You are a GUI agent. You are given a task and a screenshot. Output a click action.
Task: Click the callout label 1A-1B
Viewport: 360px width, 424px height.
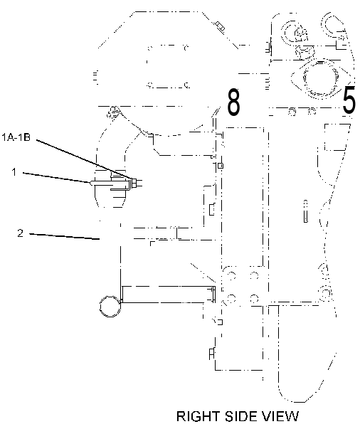pos(16,137)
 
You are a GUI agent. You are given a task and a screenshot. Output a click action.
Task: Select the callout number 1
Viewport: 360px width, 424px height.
pos(14,172)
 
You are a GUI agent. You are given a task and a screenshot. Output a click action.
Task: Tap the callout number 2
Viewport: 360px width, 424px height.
pos(21,233)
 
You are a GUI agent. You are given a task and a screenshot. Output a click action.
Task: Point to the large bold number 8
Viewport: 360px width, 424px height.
pos(233,102)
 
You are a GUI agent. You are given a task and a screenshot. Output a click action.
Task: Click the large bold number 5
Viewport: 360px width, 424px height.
pos(349,99)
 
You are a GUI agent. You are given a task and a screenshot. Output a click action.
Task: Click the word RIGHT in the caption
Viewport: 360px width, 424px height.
pos(198,417)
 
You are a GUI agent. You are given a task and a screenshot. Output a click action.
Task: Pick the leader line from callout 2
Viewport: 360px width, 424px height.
pos(64,236)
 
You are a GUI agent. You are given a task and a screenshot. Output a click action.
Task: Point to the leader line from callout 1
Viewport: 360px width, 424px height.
pos(56,177)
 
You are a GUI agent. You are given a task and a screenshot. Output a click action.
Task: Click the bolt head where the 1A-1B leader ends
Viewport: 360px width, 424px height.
pos(133,183)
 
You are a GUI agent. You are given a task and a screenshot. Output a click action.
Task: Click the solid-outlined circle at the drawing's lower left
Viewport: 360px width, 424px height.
pos(110,306)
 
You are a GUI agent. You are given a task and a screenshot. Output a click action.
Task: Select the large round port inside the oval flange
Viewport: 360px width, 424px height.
pos(321,78)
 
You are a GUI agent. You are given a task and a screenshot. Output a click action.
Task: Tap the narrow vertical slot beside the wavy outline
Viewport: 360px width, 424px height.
pos(306,211)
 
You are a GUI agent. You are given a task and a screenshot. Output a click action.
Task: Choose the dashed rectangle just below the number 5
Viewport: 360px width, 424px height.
pos(336,137)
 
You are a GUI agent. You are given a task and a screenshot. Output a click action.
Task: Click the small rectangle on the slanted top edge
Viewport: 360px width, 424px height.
pos(220,26)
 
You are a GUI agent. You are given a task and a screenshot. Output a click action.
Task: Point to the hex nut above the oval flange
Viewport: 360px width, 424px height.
pos(305,53)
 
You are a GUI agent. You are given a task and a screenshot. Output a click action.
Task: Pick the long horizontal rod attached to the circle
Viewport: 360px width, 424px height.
pos(168,295)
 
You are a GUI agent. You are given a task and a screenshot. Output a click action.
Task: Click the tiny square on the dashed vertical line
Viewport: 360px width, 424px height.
pos(221,166)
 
